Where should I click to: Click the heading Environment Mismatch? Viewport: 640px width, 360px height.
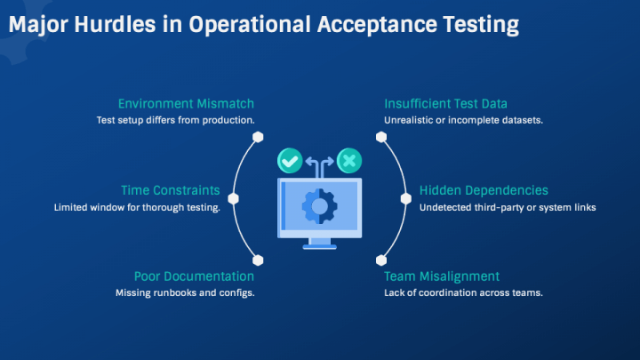click(186, 104)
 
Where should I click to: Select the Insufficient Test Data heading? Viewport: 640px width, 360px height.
click(445, 104)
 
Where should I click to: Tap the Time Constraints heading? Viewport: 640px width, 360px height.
click(170, 190)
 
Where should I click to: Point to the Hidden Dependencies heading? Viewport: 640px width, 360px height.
click(484, 190)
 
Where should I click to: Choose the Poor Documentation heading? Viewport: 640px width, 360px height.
click(194, 276)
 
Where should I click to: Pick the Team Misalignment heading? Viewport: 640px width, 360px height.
click(442, 276)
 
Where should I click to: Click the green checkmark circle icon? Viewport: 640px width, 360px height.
click(290, 161)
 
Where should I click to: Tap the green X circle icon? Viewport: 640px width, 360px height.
click(349, 161)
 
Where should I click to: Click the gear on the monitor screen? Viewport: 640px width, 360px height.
click(320, 206)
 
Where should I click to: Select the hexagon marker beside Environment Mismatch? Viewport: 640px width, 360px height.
click(258, 137)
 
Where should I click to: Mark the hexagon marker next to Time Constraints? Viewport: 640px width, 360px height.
click(233, 199)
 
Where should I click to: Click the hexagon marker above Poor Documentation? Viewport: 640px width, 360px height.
click(258, 260)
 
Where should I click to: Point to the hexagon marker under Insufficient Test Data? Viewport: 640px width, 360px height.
click(381, 137)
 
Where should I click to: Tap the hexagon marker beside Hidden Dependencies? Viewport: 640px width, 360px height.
click(406, 199)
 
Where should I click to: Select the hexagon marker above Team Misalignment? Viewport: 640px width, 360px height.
click(381, 260)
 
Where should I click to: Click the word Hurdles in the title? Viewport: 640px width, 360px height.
click(115, 24)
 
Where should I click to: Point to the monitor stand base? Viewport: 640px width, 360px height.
click(320, 246)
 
